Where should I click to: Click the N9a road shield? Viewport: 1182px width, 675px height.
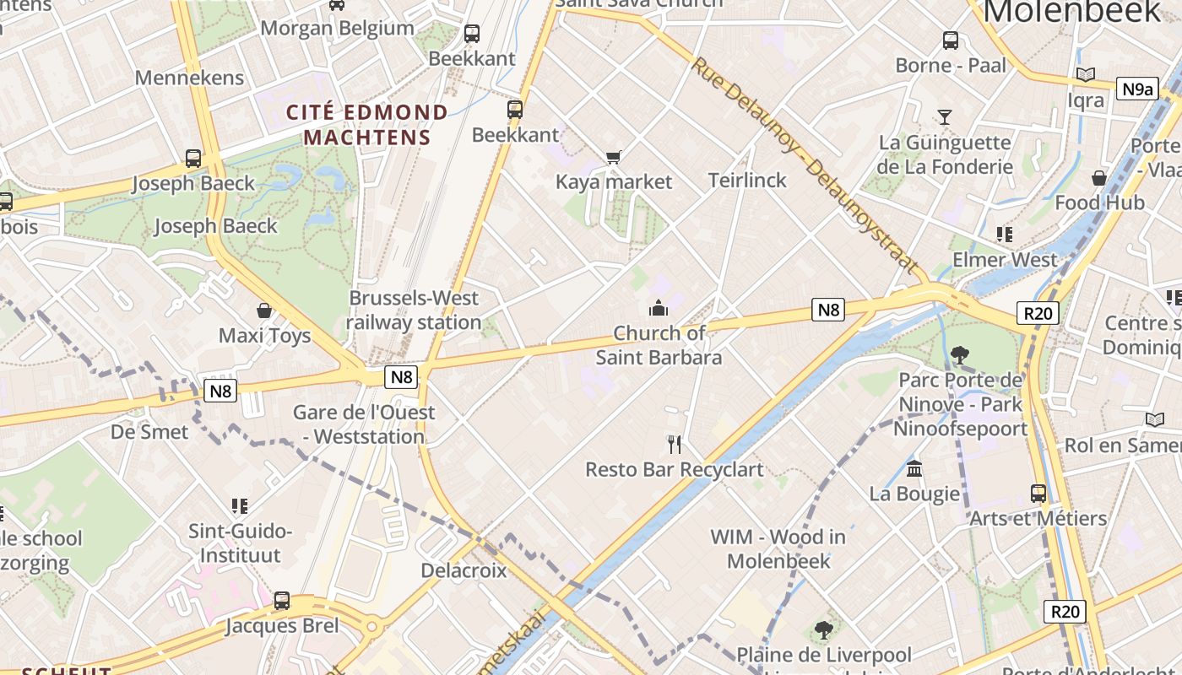tap(1136, 89)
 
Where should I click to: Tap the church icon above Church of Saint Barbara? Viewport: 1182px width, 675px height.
tap(659, 308)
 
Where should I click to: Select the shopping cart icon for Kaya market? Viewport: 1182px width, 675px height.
tap(614, 157)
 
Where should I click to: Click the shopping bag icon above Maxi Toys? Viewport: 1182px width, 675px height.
tap(264, 310)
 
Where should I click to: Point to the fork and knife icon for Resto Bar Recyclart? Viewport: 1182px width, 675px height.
tap(674, 444)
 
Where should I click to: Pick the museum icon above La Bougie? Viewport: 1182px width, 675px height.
tap(914, 468)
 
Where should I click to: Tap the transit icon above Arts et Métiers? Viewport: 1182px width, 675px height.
tap(1038, 493)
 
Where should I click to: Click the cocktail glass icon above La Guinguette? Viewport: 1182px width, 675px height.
tap(944, 116)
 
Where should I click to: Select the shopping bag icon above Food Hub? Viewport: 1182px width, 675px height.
tap(1098, 177)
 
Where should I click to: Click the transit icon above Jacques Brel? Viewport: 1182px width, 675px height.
tap(282, 601)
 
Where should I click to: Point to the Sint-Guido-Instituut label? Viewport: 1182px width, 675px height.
tap(240, 543)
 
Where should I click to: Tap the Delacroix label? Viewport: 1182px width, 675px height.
tap(464, 570)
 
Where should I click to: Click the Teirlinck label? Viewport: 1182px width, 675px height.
tap(747, 180)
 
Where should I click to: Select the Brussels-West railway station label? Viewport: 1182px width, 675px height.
tap(414, 310)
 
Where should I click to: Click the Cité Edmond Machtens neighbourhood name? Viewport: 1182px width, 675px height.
tap(367, 124)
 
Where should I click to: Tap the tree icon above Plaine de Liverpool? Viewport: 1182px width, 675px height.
tap(823, 629)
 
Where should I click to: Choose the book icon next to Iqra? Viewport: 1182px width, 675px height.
tap(1085, 75)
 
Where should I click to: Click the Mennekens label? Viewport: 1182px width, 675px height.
tap(189, 78)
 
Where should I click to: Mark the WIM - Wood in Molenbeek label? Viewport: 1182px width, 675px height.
tap(778, 548)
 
